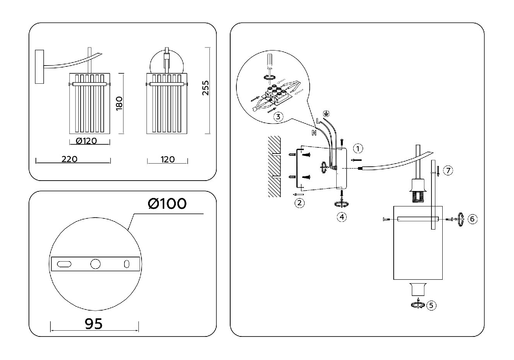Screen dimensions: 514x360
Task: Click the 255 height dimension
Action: tap(206, 88)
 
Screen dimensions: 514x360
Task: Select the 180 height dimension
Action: tap(119, 103)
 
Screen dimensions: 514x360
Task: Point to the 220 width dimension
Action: tap(69, 159)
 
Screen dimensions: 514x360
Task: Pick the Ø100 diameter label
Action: tap(167, 204)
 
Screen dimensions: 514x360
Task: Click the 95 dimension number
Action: tap(94, 324)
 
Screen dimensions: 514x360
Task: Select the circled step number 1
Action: tap(358, 149)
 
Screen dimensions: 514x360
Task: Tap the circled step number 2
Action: tap(300, 203)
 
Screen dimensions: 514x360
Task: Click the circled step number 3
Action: tap(278, 117)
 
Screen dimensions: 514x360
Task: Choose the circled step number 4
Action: tap(342, 217)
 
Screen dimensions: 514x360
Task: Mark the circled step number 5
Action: tap(431, 306)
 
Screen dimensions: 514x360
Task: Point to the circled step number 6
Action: tap(472, 219)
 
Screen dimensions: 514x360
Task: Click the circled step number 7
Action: tap(448, 171)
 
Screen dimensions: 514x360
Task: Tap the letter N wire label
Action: tap(314, 132)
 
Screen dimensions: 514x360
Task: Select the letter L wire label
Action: tap(318, 120)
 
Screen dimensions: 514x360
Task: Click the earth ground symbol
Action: tap(325, 113)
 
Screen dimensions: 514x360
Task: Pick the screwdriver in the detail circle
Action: tap(270, 67)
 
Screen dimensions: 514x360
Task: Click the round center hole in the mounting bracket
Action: tap(96, 264)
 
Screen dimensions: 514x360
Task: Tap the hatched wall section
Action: tap(275, 166)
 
